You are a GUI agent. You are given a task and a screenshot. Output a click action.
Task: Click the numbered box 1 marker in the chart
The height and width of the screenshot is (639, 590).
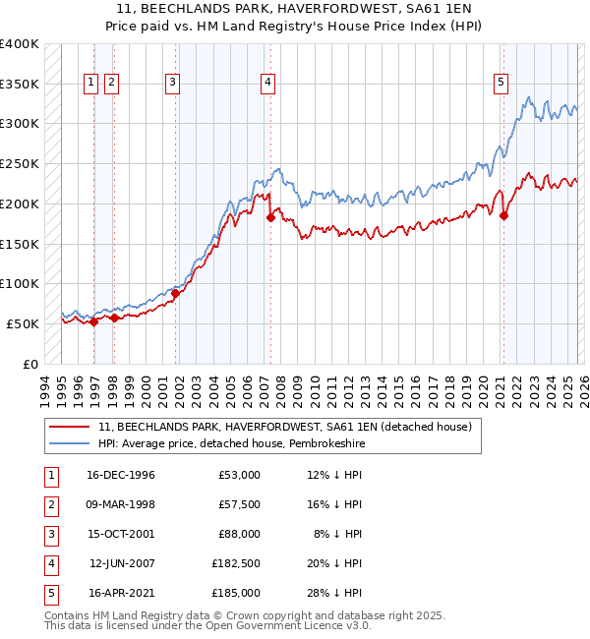90,84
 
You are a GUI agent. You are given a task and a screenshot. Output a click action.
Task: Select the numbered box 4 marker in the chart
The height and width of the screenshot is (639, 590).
266,84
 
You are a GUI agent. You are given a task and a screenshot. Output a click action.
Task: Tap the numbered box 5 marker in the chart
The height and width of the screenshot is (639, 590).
501,84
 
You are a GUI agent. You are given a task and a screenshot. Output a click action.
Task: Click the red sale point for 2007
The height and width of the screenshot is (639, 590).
269,217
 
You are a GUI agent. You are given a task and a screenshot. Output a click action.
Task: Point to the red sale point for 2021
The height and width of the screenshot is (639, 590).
503,215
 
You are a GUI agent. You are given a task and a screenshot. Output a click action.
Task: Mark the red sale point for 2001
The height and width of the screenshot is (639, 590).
176,293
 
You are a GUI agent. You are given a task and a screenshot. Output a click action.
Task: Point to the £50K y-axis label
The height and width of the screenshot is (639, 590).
23,323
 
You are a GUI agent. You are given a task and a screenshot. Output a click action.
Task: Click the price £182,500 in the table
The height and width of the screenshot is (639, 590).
236,563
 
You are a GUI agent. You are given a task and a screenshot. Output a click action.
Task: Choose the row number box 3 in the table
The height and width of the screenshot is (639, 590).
49,534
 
